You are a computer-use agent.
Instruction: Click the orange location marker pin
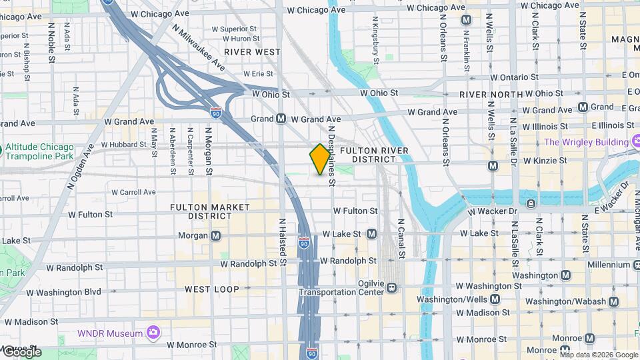point(320,159)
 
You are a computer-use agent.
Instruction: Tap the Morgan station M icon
point(216,235)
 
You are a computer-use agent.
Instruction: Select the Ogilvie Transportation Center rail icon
point(392,288)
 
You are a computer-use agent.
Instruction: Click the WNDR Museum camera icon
point(153,332)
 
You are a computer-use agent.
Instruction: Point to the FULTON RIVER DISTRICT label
point(369,155)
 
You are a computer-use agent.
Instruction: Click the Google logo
point(21,351)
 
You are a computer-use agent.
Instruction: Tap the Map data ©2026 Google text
point(599,355)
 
